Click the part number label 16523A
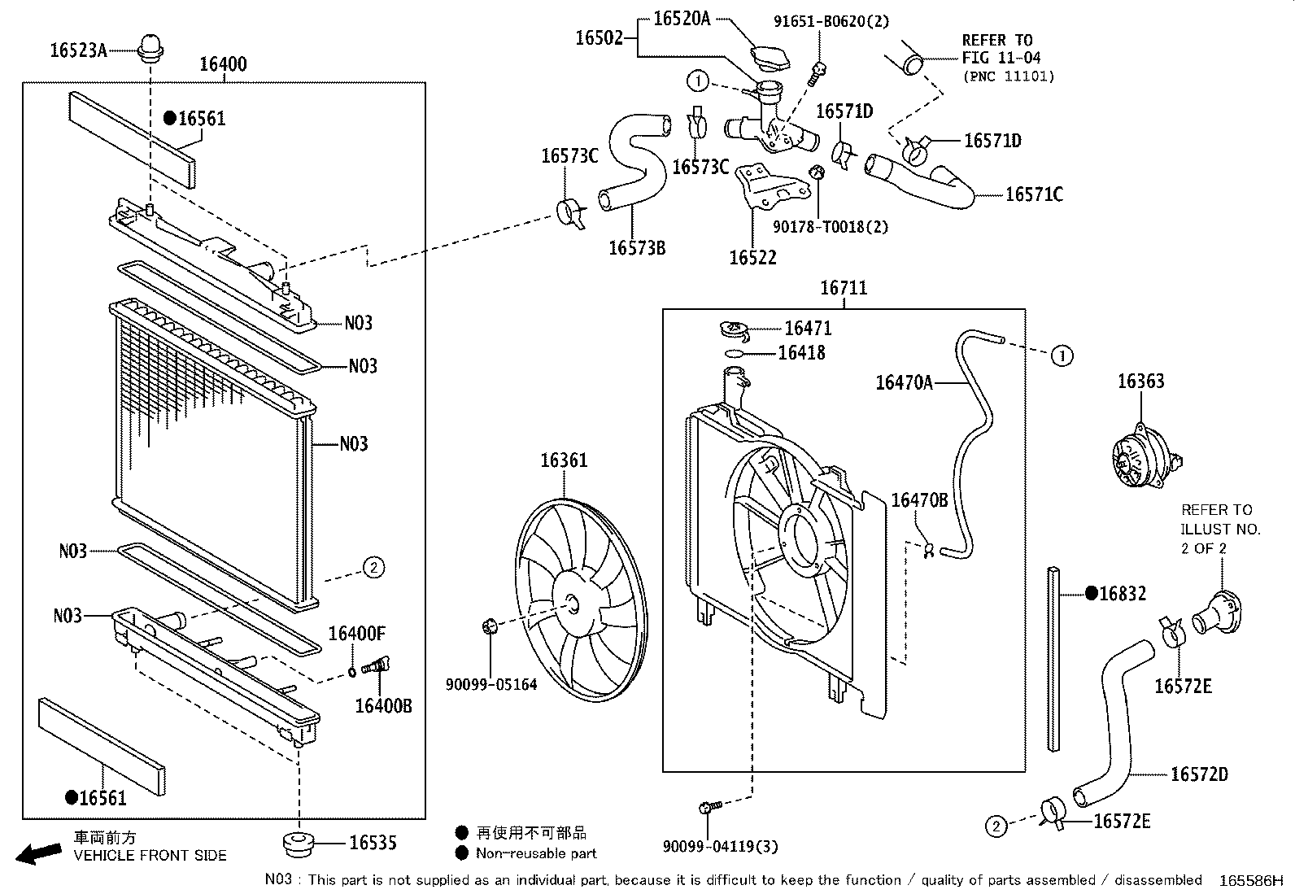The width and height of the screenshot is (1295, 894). click(x=78, y=50)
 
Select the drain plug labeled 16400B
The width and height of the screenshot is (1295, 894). click(x=376, y=667)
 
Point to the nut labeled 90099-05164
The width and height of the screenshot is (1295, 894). click(x=489, y=626)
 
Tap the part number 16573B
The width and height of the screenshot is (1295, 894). click(x=637, y=248)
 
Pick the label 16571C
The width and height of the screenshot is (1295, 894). click(x=1033, y=194)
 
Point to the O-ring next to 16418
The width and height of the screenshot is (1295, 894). click(x=734, y=353)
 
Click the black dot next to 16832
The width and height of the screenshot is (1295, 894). click(x=1091, y=594)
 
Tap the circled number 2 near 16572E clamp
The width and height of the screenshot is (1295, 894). click(x=996, y=826)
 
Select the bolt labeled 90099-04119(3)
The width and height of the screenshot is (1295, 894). click(x=708, y=807)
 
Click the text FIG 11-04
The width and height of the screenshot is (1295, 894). click(x=1001, y=58)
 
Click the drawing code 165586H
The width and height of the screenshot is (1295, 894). click(x=1249, y=881)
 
